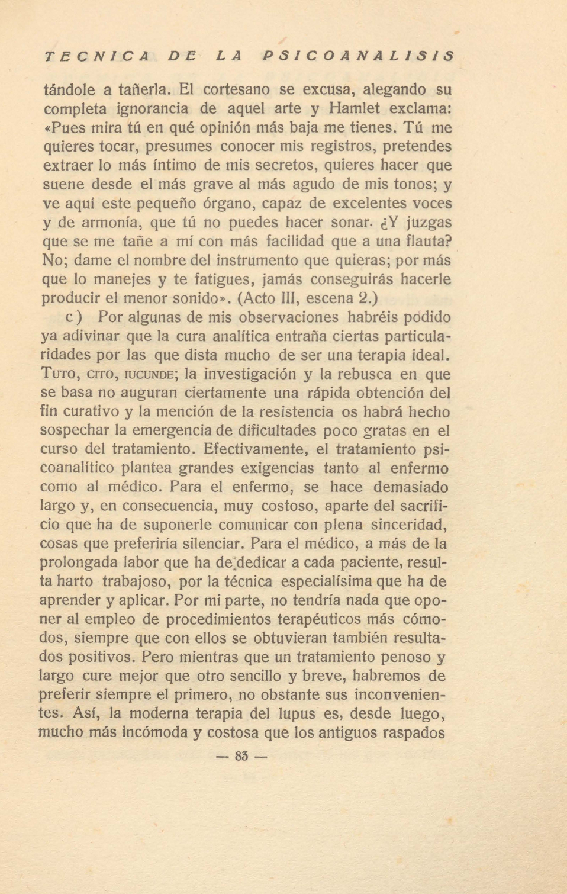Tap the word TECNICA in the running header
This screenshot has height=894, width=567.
(96, 56)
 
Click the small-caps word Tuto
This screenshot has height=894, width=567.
(59, 374)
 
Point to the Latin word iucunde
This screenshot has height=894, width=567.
(148, 375)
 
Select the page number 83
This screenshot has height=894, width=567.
(241, 757)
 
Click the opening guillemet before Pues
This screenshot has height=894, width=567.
(47, 128)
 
